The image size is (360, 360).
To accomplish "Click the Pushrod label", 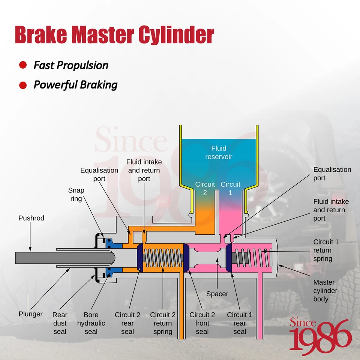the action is (31, 218).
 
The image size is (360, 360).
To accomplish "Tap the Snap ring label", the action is (76, 195).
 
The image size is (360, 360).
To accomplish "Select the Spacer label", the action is (217, 294).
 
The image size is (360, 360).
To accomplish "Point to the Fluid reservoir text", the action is (219, 153).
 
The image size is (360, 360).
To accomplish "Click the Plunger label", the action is (30, 314).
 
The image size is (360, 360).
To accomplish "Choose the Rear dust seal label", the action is (60, 323).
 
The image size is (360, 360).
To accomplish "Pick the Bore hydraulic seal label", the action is (91, 323).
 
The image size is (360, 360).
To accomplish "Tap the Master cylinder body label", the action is (325, 290).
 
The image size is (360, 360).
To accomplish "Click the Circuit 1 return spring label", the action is (326, 250).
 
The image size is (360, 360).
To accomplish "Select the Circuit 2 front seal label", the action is (202, 323).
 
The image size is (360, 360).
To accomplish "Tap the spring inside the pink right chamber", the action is (252, 258).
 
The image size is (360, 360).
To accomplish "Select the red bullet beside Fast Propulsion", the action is (23, 65).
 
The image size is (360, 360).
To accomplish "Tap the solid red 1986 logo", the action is (321, 336).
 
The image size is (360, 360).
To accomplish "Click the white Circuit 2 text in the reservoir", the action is (205, 189).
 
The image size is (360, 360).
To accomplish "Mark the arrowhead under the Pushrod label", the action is (30, 250).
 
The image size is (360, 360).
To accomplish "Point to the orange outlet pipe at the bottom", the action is (182, 305).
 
